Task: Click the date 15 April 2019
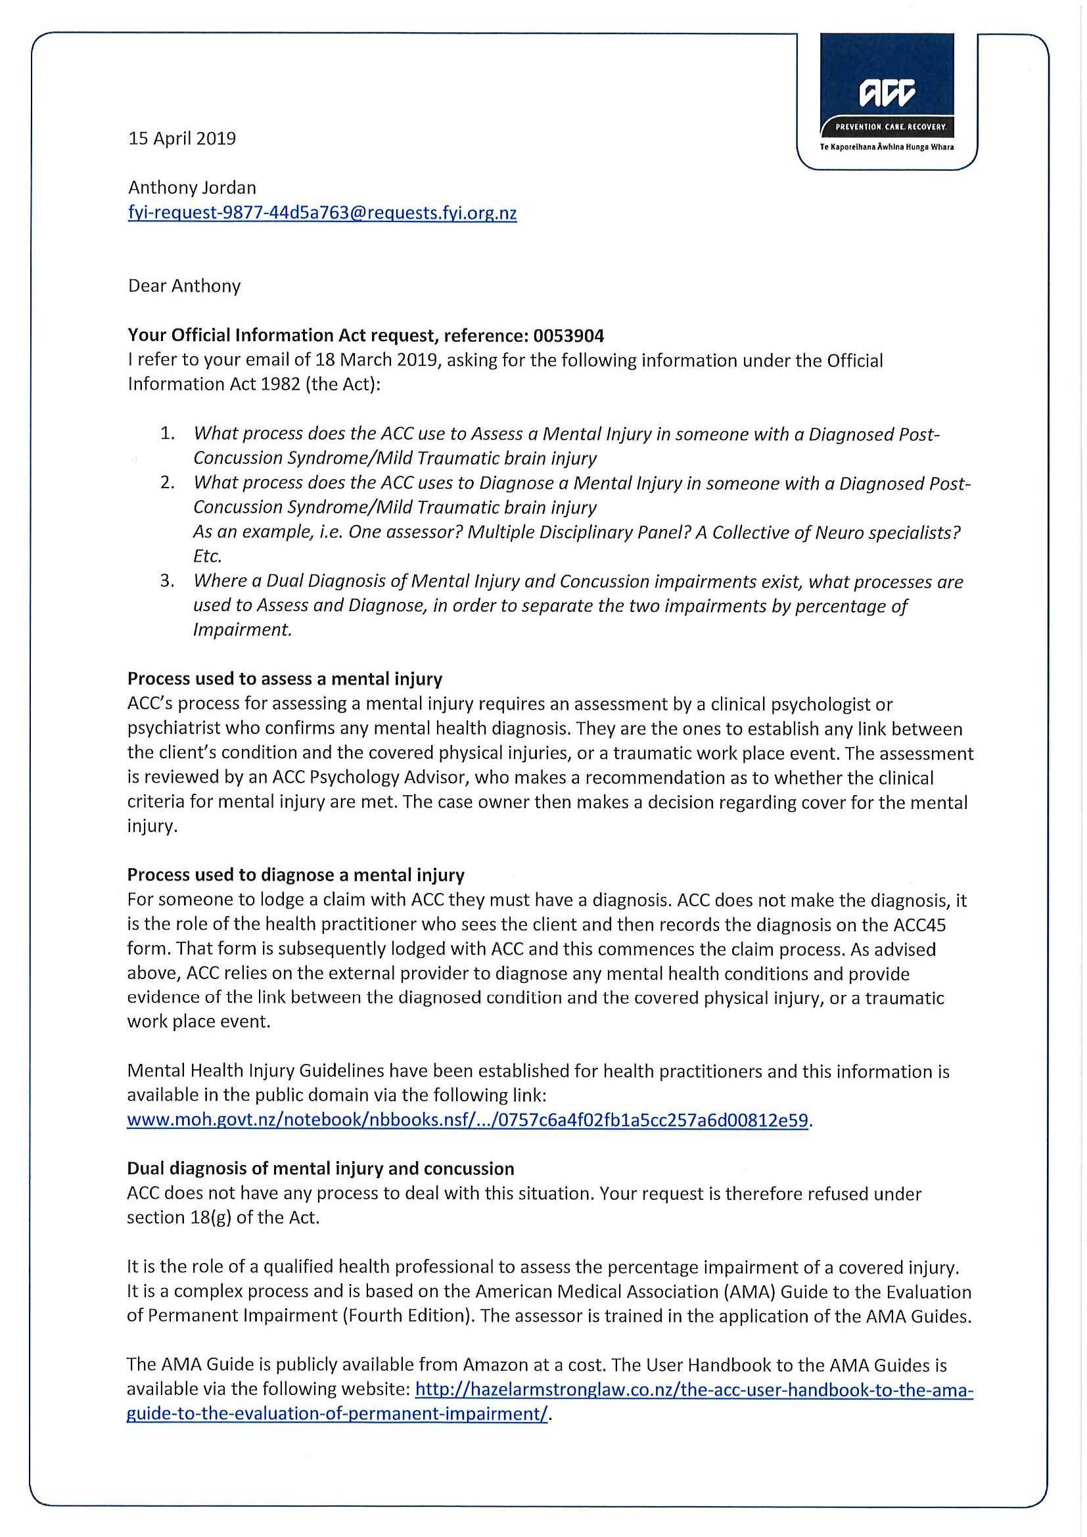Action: (x=182, y=139)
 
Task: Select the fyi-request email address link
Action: (x=322, y=213)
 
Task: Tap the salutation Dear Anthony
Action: (x=184, y=286)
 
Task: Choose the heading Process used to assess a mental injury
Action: (x=285, y=679)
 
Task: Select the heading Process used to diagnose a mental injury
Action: (x=295, y=875)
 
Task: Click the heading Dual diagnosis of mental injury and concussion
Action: (x=321, y=1169)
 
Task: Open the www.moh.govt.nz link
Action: (x=467, y=1120)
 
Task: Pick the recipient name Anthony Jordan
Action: (x=192, y=187)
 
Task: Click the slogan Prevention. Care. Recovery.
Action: (x=887, y=127)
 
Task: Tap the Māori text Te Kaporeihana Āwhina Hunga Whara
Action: (x=887, y=147)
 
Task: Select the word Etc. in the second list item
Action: (x=207, y=556)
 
